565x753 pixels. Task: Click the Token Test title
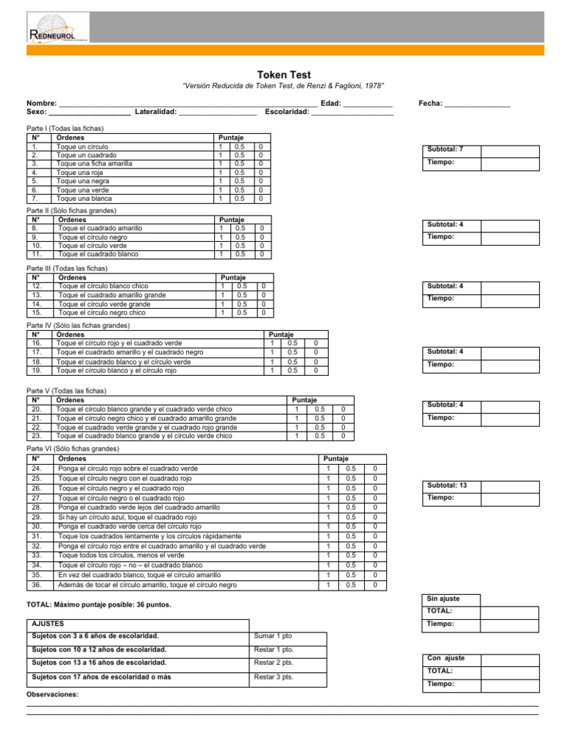[x=283, y=75]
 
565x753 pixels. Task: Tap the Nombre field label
[x=41, y=104]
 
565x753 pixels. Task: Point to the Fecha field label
[x=430, y=104]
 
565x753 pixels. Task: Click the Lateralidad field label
[x=155, y=112]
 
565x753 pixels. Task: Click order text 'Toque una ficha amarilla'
[x=94, y=164]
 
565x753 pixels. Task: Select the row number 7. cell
[x=35, y=199]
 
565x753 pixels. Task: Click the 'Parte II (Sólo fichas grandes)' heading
[x=71, y=210]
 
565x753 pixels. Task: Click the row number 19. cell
[x=36, y=371]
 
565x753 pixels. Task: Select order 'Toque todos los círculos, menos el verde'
[x=121, y=555]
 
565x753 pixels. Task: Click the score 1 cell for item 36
[x=328, y=585]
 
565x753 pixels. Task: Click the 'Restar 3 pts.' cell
[x=274, y=677]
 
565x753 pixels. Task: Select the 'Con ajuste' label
[x=446, y=658]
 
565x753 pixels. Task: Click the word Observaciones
[x=52, y=695]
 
